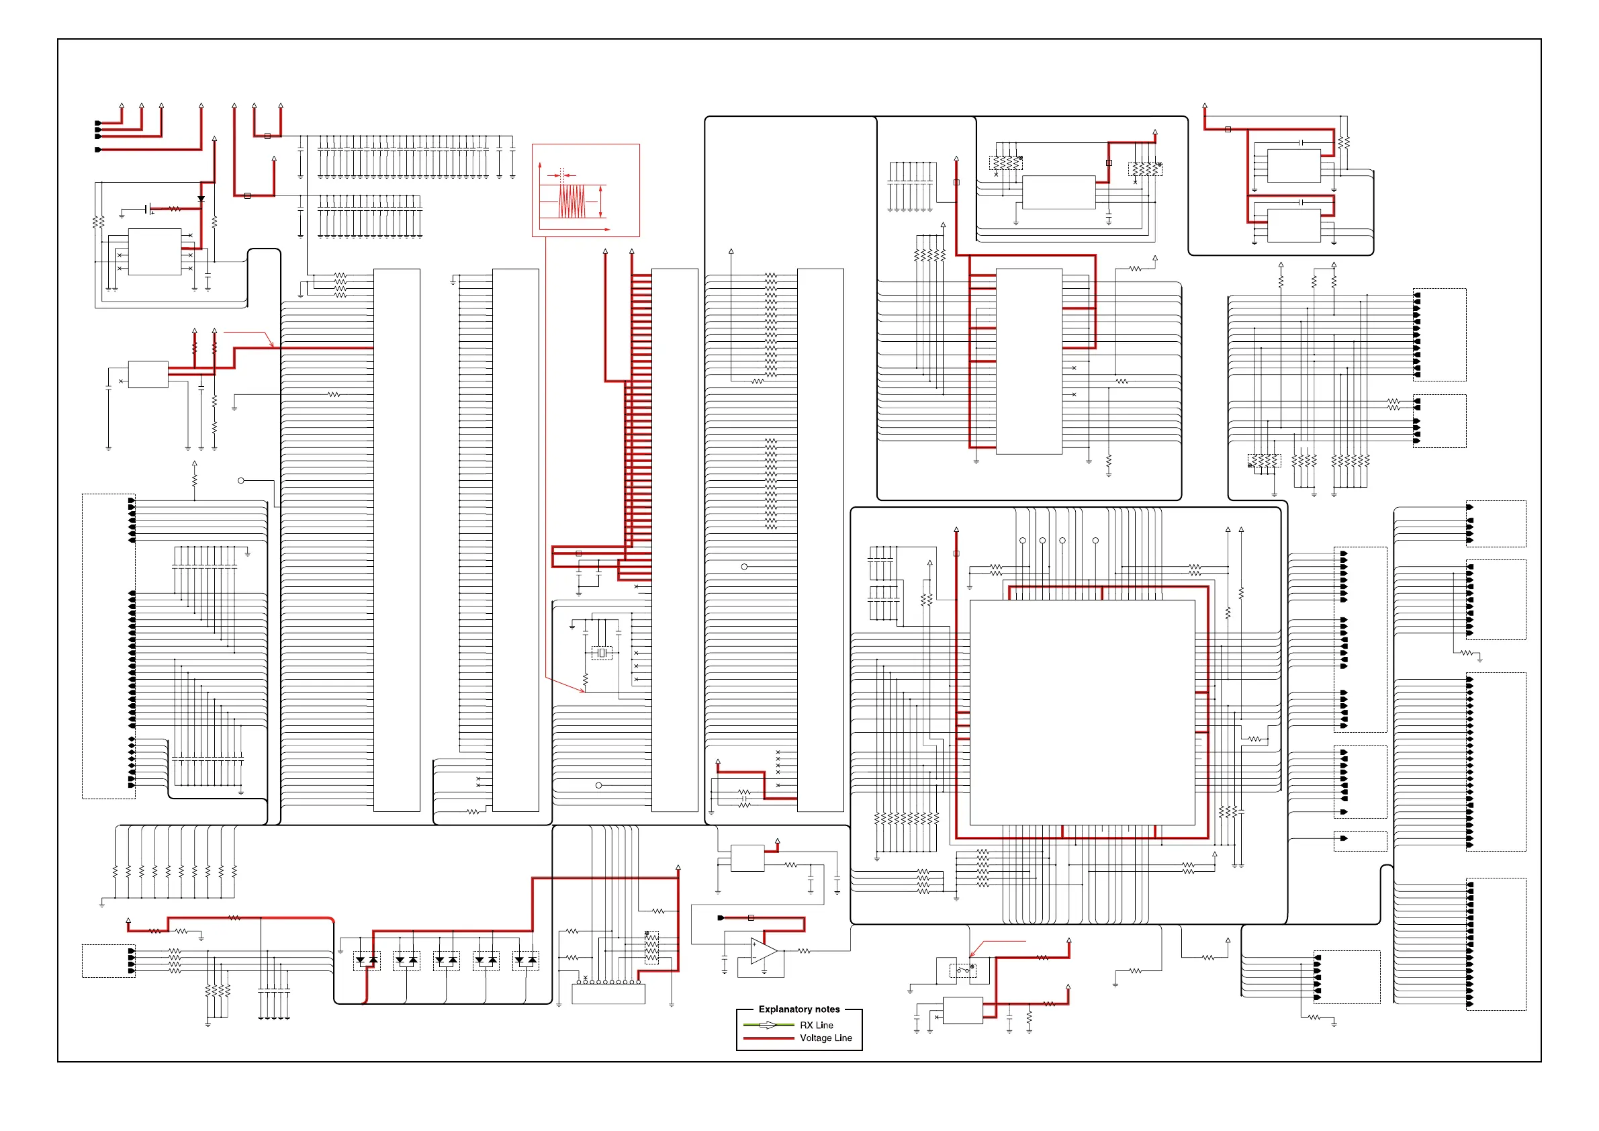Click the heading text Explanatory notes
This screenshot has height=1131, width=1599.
point(798,1009)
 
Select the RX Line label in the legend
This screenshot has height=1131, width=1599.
point(816,1025)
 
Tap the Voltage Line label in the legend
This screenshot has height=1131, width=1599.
point(825,1038)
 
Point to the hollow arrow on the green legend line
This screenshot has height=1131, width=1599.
point(768,1025)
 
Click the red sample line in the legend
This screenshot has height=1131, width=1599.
point(769,1038)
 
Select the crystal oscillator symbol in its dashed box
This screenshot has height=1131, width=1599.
point(602,653)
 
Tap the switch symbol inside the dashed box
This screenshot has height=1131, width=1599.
point(962,970)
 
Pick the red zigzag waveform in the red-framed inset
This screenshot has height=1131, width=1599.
point(572,201)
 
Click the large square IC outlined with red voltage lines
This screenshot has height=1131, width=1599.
point(1083,713)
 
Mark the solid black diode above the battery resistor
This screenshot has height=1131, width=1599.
point(201,199)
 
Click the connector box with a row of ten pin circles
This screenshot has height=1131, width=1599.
point(608,993)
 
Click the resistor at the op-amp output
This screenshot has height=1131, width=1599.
point(804,951)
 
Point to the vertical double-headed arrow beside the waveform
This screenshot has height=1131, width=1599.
point(601,202)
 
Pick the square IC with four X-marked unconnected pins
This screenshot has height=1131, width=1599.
point(154,251)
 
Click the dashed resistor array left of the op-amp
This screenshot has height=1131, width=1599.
point(651,948)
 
